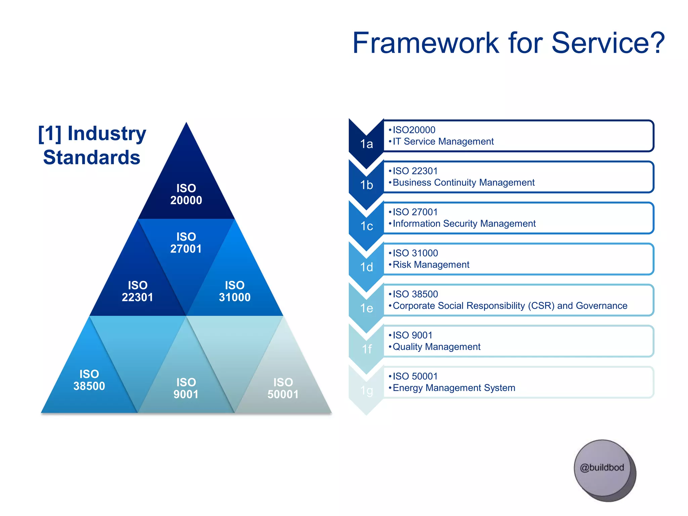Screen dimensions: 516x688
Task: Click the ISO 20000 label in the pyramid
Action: (186, 194)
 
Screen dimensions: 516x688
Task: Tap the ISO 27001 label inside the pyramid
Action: (186, 243)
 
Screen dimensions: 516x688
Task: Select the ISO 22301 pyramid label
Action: (137, 291)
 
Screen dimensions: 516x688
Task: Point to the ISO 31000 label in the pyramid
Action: (234, 291)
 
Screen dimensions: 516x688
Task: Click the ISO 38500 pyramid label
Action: (89, 380)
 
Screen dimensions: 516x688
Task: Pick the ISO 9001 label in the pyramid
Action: (186, 388)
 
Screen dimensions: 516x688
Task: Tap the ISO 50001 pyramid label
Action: (283, 388)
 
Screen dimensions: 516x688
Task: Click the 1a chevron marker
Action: (367, 144)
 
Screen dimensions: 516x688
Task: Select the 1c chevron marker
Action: (367, 226)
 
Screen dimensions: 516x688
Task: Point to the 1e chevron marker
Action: (367, 308)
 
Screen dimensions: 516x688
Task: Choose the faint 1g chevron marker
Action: (367, 390)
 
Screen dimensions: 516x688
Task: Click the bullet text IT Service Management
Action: (443, 141)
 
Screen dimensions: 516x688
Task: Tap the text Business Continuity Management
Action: (464, 182)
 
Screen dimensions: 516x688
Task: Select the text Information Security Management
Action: (464, 223)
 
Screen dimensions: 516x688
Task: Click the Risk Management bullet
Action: (431, 265)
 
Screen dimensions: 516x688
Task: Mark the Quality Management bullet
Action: (436, 347)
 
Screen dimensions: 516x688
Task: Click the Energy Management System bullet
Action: (454, 388)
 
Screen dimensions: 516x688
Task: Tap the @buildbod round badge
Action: (603, 468)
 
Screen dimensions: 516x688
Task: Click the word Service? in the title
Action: (608, 43)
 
